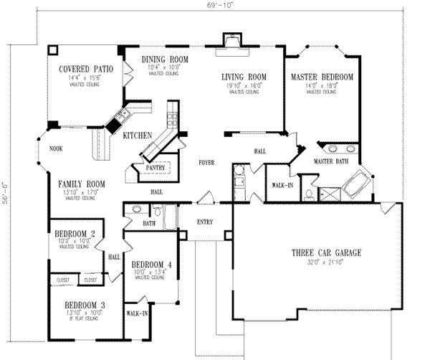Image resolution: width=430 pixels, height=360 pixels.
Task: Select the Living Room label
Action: pos(244,76)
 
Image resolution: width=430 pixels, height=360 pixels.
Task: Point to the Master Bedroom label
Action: pos(322,77)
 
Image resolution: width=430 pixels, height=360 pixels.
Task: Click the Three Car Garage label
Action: pos(325,253)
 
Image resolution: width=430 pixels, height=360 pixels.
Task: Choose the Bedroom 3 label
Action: pos(79,303)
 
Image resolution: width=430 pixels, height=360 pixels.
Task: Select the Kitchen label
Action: pos(136,135)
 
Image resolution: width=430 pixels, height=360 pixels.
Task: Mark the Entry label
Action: pos(206,222)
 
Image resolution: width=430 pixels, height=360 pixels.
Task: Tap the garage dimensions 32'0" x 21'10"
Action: pos(325,263)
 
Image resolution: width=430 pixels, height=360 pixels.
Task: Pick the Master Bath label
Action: pos(330,162)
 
